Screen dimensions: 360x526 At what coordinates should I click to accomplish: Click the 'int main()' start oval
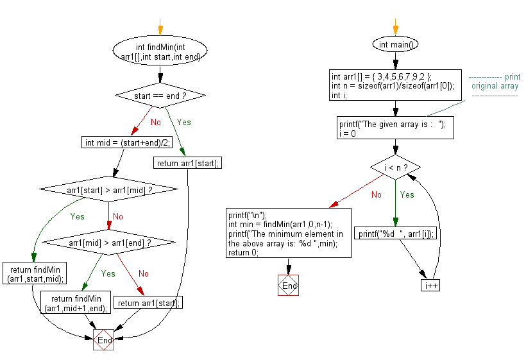(x=395, y=44)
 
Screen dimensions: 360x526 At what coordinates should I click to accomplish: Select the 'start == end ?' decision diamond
(x=160, y=96)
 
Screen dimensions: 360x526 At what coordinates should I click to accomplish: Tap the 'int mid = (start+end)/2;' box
(x=128, y=142)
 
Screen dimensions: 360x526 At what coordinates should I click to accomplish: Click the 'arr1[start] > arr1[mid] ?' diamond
(x=108, y=189)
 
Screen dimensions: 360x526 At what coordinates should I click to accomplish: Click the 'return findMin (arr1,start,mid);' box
(x=31, y=274)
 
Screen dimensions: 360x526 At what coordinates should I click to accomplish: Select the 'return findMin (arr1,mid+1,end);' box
(x=75, y=302)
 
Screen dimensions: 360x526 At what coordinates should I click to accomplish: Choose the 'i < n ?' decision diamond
(x=395, y=168)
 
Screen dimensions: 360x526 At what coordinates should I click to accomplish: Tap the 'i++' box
(x=430, y=285)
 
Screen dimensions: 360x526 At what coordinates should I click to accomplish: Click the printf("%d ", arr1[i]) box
(x=395, y=234)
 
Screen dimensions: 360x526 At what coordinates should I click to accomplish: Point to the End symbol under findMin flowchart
(x=103, y=340)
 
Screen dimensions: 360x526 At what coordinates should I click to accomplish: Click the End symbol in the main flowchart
(x=289, y=285)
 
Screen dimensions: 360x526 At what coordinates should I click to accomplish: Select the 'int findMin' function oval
(x=160, y=52)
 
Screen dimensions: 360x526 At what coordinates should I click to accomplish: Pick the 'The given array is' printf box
(x=395, y=127)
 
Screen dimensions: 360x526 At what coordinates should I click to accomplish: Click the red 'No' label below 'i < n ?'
(x=376, y=194)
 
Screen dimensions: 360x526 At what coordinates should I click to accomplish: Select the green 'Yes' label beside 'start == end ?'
(x=183, y=122)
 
